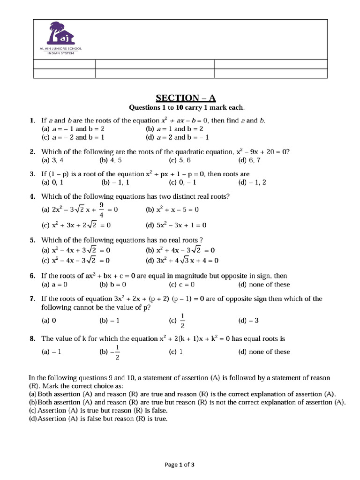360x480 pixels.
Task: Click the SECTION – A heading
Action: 186,97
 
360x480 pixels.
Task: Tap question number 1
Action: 32,120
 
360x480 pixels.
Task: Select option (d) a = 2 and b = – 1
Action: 177,137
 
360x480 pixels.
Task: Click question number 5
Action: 32,240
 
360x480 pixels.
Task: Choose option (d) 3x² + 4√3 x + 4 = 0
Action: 182,261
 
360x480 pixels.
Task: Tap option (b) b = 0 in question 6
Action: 113,285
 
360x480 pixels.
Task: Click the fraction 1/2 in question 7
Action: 183,321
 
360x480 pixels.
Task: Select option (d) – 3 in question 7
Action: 248,321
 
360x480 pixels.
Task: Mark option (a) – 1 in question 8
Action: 52,352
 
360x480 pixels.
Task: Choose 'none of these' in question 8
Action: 264,352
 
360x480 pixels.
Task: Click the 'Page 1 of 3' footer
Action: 180,465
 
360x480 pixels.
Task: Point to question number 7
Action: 32,299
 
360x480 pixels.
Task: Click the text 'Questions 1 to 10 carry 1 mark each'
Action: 187,107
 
